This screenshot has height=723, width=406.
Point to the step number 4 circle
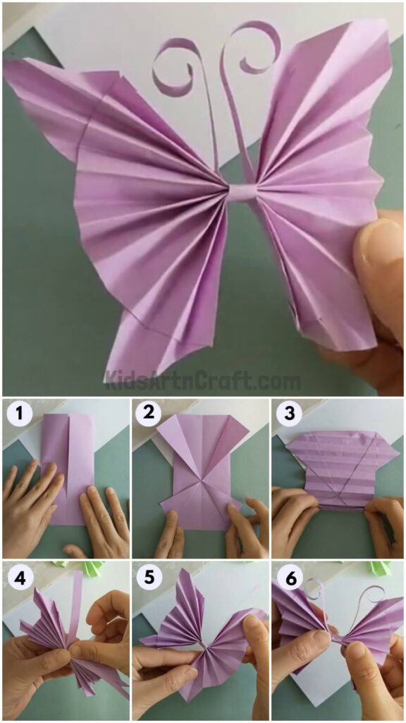(x=18, y=577)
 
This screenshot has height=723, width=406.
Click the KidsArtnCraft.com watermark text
(x=203, y=381)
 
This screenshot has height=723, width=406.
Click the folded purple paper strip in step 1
(x=67, y=466)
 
